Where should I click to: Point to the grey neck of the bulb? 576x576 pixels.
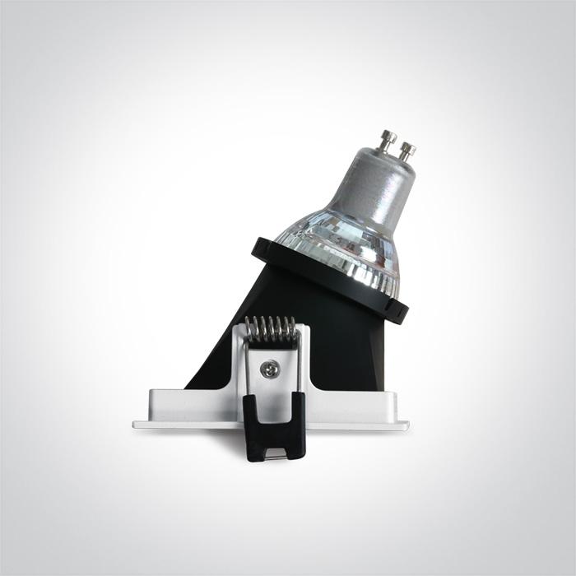coord(379,186)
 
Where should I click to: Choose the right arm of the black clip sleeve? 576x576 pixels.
coord(297,424)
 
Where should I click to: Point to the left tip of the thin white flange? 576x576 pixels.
coord(137,425)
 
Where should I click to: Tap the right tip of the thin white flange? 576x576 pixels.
coord(406,425)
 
